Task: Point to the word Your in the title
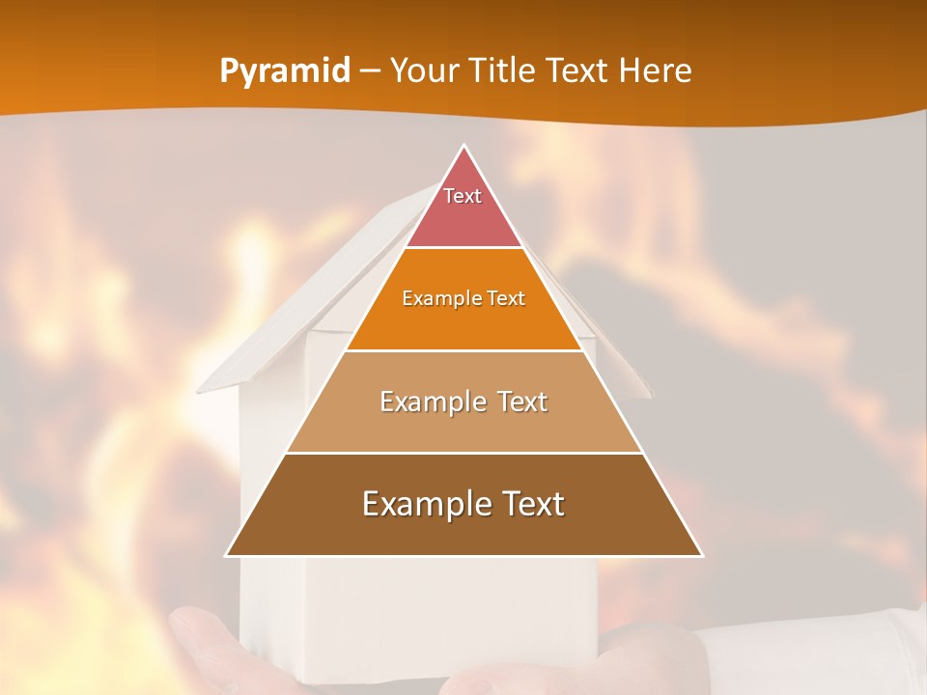pyautogui.click(x=423, y=70)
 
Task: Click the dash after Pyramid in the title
pyautogui.click(x=369, y=71)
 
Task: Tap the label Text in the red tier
pyautogui.click(x=463, y=196)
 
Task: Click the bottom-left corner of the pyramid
pyautogui.click(x=226, y=555)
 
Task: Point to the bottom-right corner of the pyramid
pyautogui.click(x=702, y=555)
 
